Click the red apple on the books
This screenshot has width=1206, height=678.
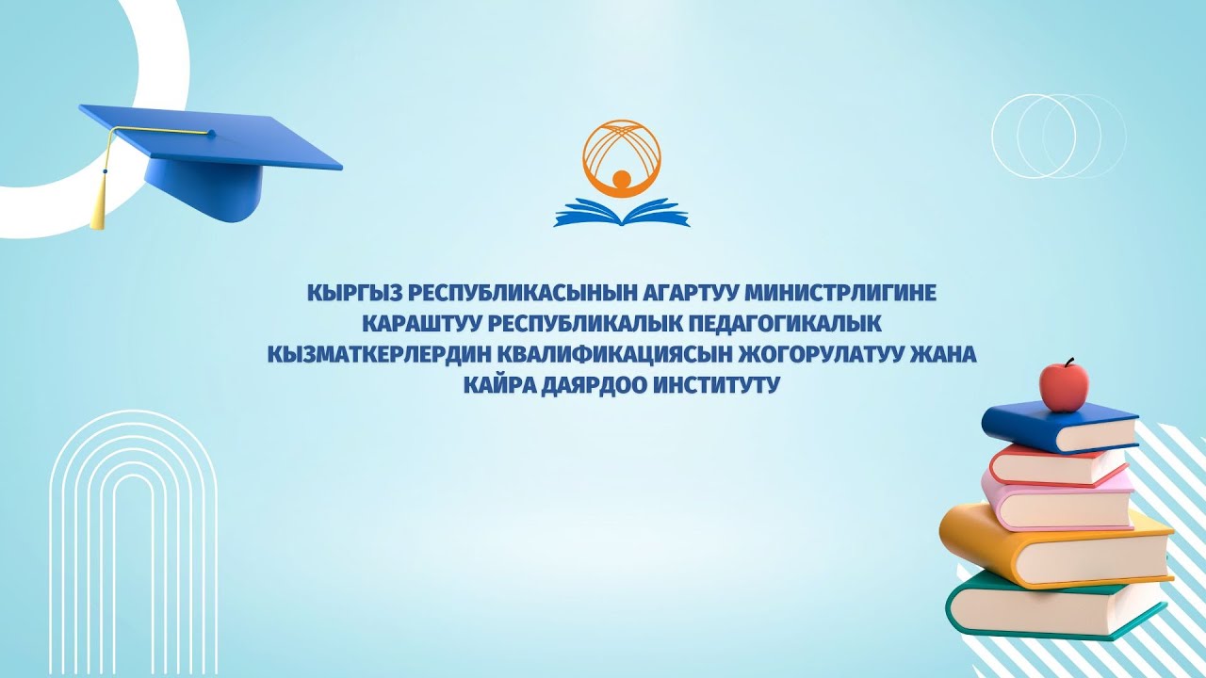tap(1064, 385)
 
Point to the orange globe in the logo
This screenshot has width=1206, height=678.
tap(622, 156)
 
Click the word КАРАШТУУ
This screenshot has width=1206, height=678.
tap(421, 324)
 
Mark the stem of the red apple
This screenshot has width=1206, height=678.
tap(1068, 363)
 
